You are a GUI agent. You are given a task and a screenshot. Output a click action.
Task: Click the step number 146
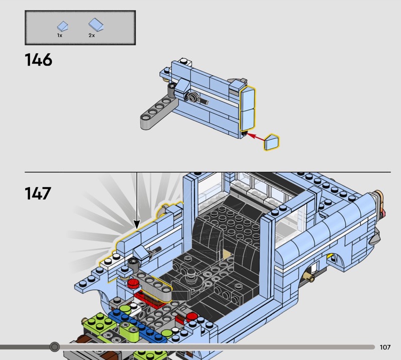(39, 60)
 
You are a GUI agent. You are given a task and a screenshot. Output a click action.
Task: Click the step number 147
(38, 193)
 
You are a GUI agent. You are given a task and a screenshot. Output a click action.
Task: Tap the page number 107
(385, 347)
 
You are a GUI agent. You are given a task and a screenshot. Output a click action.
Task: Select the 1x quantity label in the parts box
(60, 35)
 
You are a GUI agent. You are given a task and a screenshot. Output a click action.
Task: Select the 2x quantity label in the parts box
(92, 35)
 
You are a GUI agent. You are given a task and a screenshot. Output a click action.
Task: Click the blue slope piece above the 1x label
(62, 26)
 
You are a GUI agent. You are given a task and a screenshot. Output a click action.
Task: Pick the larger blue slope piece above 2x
(96, 25)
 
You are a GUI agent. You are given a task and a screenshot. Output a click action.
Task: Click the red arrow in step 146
(256, 137)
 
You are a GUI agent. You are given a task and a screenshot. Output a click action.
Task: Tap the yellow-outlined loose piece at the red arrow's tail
(272, 142)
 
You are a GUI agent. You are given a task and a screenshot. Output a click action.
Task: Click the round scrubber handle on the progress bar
(54, 347)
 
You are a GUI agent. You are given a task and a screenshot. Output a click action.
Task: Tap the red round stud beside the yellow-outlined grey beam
(133, 283)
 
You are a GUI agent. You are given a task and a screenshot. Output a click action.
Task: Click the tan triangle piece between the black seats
(227, 254)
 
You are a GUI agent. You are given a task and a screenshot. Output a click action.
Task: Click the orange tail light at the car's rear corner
(380, 202)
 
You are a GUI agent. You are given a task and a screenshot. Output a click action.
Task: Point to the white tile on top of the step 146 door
(185, 62)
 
